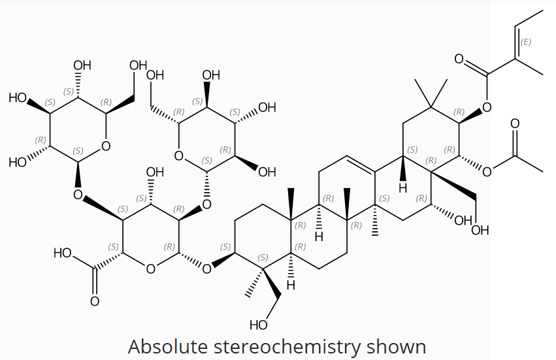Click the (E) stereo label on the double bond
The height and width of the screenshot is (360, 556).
(526, 42)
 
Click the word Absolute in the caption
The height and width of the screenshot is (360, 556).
(169, 346)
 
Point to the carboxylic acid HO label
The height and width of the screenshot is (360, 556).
(63, 254)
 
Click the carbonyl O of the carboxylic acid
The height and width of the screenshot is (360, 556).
(94, 301)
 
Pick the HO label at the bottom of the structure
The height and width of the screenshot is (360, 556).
(259, 325)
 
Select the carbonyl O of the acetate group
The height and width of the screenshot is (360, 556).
(515, 123)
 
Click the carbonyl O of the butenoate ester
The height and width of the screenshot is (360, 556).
(459, 59)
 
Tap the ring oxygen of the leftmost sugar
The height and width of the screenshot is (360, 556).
(106, 146)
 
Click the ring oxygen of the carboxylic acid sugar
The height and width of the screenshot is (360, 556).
(150, 269)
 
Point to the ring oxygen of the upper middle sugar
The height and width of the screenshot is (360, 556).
(179, 155)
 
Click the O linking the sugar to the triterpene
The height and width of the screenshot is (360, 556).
(206, 269)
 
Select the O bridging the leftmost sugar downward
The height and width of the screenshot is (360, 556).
(78, 194)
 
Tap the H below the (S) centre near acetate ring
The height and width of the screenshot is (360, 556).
(403, 188)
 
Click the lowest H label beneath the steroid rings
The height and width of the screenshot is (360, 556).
(291, 285)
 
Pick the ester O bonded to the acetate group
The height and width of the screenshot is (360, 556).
(487, 172)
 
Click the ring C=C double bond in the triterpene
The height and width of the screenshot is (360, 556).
(361, 164)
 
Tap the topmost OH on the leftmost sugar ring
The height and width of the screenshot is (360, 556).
(82, 65)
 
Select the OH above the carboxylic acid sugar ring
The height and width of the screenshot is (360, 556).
(155, 172)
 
